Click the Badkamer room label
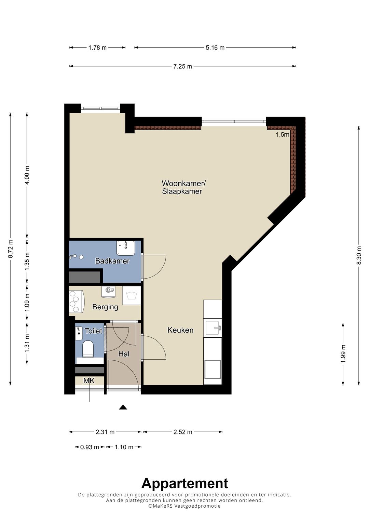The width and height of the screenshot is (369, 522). pos(112,261)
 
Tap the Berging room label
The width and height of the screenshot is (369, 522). pos(105,307)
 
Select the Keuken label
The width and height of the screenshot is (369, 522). pos(180,330)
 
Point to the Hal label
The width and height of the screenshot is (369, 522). pos(124,354)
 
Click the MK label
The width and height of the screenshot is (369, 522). pos(89,380)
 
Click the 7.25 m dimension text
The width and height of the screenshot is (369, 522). pos(183,66)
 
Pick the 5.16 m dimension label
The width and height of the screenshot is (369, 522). pos(215,48)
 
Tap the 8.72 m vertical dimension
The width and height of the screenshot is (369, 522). pos(10,249)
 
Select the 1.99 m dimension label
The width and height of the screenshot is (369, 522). pos(343,353)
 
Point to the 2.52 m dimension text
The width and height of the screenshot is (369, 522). pos(183,432)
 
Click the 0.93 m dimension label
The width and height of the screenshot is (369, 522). pos(90,447)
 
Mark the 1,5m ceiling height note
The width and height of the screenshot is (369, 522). pos(282,134)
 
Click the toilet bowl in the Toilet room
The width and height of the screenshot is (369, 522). pos(88,349)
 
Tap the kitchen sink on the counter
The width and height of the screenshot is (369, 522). pos(213,328)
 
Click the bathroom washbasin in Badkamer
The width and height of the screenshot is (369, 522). pos(125,248)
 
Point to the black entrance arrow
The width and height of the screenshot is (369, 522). pos(123,407)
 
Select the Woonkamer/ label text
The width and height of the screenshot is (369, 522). pos(184,183)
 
